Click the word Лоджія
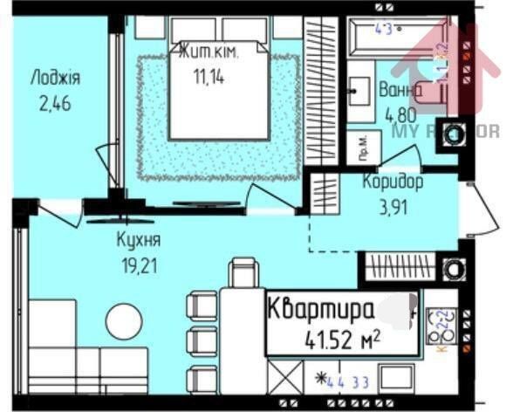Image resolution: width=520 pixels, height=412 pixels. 54,78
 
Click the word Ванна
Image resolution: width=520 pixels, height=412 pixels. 401,90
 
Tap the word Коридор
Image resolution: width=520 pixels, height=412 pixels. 393,182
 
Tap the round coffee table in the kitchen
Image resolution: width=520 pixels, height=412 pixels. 123,322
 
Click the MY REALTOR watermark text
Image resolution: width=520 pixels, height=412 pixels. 445,131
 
